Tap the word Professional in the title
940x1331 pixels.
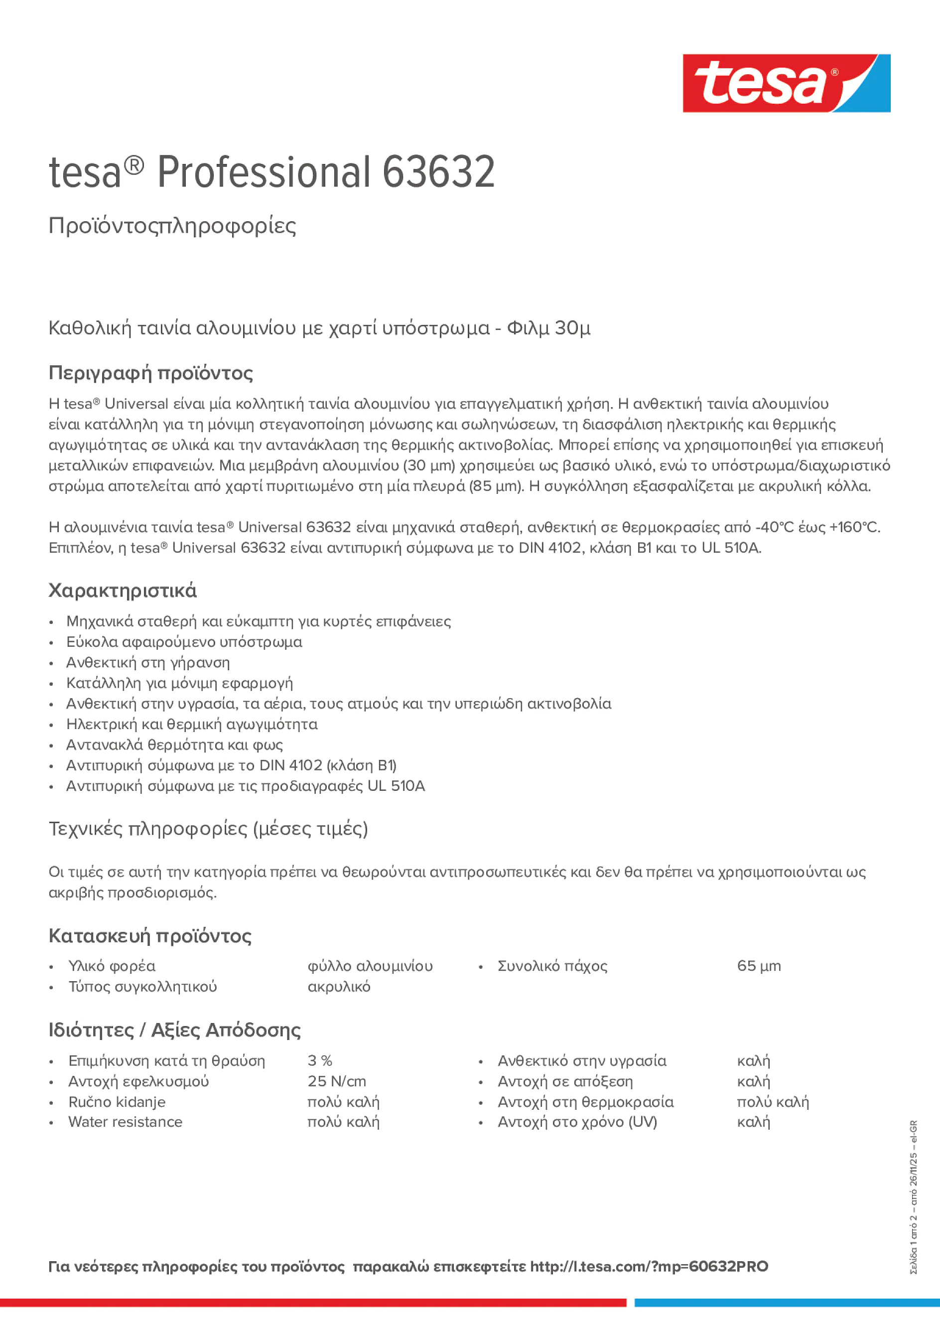pyautogui.click(x=263, y=172)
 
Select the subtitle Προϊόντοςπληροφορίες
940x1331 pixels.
pyautogui.click(x=172, y=226)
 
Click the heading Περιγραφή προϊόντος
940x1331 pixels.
pyautogui.click(x=150, y=373)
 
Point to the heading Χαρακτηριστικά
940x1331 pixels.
pyautogui.click(x=122, y=590)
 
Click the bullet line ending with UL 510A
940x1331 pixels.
pyautogui.click(x=245, y=785)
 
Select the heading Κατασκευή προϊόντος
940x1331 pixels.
pyautogui.click(x=149, y=936)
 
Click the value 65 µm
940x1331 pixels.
pyautogui.click(x=759, y=966)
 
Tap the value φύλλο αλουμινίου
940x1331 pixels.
pyautogui.click(x=370, y=966)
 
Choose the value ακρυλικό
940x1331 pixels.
pyautogui.click(x=338, y=986)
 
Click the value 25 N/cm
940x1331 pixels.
pyautogui.click(x=336, y=1081)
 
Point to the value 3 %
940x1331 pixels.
pyautogui.click(x=319, y=1060)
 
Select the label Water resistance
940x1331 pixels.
pyautogui.click(x=125, y=1122)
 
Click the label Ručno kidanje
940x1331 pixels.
pyautogui.click(x=117, y=1101)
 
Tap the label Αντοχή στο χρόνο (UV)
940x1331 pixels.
pyautogui.click(x=577, y=1122)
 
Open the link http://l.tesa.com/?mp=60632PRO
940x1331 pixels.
pyautogui.click(x=649, y=1267)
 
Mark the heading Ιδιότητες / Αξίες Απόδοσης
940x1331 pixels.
pyautogui.click(x=174, y=1030)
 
